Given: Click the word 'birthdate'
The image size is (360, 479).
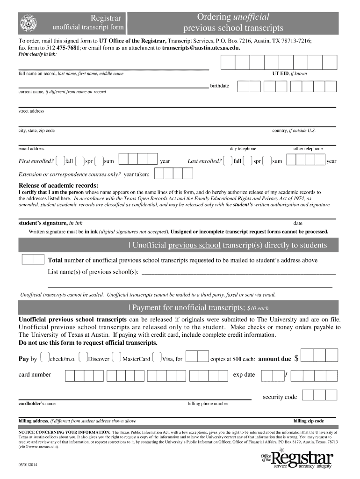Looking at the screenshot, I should (219, 86).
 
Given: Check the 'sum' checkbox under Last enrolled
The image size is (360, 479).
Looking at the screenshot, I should (266, 161).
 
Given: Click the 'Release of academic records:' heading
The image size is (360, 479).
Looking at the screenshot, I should (58, 185).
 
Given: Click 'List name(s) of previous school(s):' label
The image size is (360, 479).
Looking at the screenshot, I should (93, 272).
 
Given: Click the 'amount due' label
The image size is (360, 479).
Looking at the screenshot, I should (274, 359).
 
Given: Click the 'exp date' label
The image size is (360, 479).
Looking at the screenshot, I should (244, 375).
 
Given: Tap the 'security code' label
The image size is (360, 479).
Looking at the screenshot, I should (280, 397).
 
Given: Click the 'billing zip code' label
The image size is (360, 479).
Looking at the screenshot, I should (308, 421).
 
